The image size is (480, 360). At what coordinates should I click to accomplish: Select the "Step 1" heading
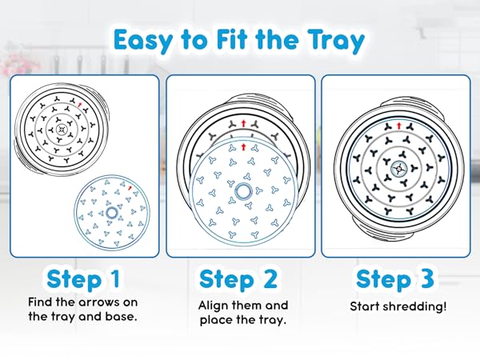83,279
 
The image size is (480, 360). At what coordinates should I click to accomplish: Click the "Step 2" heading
238,279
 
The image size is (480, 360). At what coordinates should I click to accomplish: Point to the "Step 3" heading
395,278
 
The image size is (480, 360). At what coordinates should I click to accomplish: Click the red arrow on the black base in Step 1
80,106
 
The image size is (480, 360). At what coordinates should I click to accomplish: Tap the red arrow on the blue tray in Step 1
130,188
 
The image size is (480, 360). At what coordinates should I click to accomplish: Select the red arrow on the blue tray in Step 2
243,146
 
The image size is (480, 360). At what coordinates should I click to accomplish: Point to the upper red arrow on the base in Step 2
243,123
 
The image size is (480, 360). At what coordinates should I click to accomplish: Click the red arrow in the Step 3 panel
398,126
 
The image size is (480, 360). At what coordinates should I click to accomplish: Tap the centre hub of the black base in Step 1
62,130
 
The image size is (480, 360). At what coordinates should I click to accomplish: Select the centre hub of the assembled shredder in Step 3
399,168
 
